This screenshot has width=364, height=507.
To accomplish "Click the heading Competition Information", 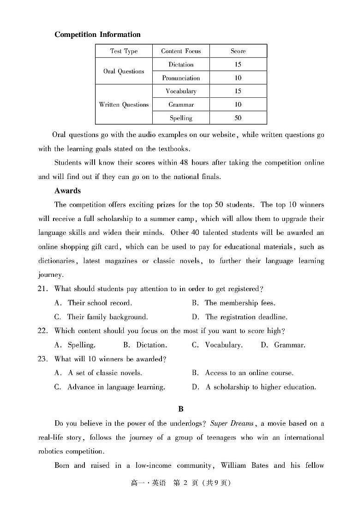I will click(97, 35).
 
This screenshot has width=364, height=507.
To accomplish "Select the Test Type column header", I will click(124, 51).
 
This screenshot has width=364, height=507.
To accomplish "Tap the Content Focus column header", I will click(181, 51).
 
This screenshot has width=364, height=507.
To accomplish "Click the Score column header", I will click(238, 51).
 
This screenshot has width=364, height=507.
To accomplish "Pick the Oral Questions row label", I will click(124, 72).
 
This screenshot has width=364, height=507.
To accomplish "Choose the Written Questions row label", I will click(124, 105).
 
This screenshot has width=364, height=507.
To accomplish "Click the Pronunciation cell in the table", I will click(181, 78).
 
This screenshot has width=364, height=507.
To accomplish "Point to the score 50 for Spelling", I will click(238, 118).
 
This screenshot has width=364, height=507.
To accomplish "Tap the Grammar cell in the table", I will click(181, 105).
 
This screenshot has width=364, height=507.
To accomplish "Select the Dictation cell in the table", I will click(181, 65).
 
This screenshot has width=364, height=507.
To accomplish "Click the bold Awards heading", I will click(67, 191).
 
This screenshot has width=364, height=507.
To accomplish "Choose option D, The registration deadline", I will click(240, 317).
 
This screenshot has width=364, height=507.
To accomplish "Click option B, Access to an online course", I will click(243, 373).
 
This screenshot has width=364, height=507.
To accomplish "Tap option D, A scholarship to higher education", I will click(254, 387).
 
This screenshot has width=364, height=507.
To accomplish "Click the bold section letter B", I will click(181, 409).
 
